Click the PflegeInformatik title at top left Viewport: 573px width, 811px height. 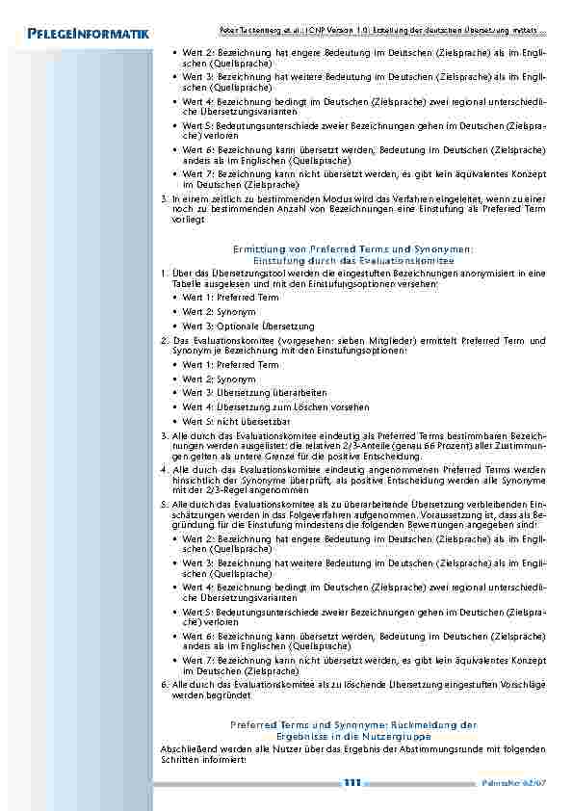click(81, 36)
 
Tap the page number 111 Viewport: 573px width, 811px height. click(352, 783)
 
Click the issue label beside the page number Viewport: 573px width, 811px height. click(525, 784)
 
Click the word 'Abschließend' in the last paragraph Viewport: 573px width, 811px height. click(189, 748)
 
